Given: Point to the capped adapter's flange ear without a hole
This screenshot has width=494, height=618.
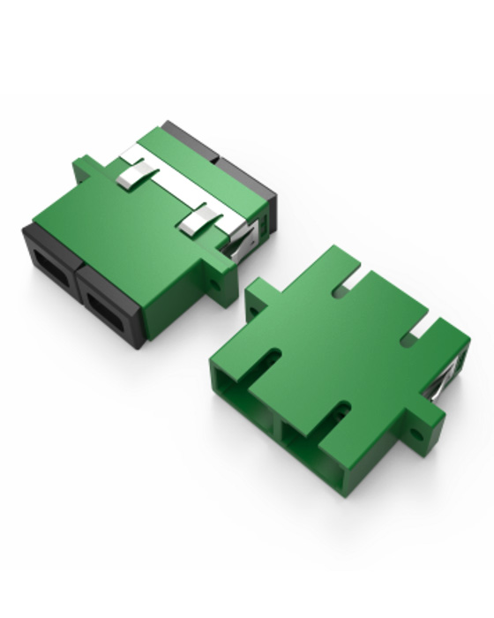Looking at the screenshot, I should [86, 167].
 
